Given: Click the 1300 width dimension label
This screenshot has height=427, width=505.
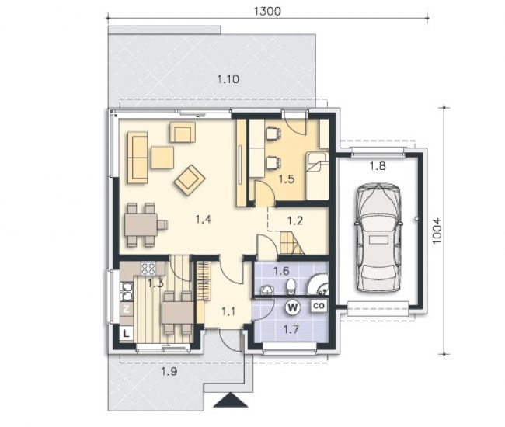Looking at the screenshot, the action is coord(267,12).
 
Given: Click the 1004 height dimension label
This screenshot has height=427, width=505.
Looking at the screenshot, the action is coord(437,231).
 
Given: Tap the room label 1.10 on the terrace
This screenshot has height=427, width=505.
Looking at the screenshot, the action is coord(228,79).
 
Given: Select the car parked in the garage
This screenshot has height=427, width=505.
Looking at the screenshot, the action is coord(378,238).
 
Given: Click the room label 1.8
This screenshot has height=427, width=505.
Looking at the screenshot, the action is coord(378,166).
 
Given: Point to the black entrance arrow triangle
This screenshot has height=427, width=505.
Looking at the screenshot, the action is coord(231,400).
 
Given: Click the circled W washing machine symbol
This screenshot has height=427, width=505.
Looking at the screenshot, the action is coord(293,307).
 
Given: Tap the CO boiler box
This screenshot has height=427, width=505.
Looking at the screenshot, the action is coord(319,306).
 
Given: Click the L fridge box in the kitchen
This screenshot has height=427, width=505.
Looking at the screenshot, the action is coord(126,333).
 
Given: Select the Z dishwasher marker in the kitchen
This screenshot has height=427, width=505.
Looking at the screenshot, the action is coord(127,309).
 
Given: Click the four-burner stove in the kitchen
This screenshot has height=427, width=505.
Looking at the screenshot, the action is coord(148,269).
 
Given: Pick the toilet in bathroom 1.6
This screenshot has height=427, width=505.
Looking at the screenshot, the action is coord(291,286).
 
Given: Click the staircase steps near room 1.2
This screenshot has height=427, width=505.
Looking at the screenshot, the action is coord(291,243).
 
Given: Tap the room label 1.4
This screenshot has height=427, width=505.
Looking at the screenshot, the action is coord(204,220).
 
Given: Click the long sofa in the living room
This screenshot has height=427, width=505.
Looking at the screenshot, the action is coord(138,158).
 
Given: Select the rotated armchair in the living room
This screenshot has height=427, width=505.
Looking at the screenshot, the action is coord(190,179).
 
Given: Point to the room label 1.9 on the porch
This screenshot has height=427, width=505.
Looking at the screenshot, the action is coord(169,372).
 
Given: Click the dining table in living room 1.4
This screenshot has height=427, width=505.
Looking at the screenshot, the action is coord(141,224).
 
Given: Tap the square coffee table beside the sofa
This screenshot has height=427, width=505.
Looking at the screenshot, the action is coord(162,158).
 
